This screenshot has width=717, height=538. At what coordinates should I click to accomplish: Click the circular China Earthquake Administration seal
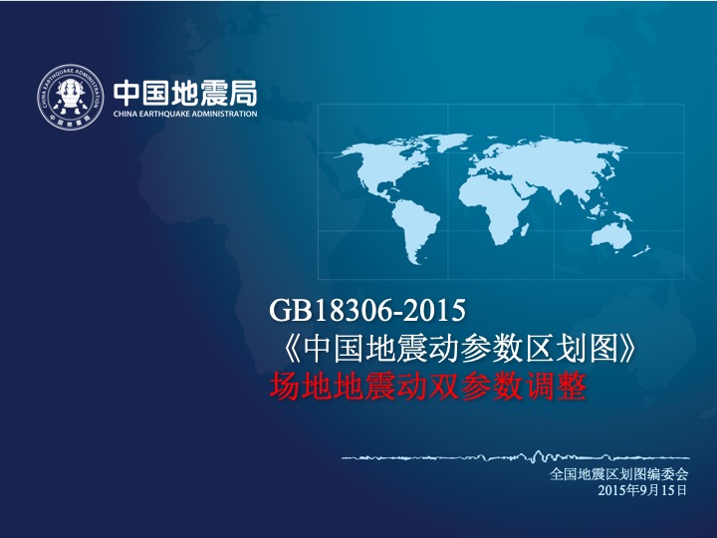click(x=70, y=97)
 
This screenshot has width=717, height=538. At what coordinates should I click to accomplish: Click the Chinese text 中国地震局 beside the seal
click(x=185, y=94)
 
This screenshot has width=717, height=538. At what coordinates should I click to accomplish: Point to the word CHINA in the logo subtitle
click(x=123, y=114)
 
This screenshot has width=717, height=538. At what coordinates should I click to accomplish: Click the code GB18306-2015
click(x=367, y=310)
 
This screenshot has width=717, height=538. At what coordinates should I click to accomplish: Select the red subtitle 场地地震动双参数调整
click(x=427, y=387)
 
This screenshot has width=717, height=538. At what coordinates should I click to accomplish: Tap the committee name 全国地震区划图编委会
click(x=618, y=474)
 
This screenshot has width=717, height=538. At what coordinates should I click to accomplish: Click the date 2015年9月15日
click(x=642, y=490)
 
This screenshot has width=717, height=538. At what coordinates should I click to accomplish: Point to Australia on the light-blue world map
click(x=611, y=235)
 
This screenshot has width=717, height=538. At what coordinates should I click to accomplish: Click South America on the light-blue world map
click(x=414, y=230)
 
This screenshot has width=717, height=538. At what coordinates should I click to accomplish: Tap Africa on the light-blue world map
click(x=493, y=207)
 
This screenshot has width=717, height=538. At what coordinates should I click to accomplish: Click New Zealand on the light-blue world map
click(x=642, y=251)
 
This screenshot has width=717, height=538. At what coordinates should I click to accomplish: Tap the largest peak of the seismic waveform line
click(x=538, y=453)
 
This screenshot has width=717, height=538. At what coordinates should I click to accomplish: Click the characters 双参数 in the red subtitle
click(x=475, y=387)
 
